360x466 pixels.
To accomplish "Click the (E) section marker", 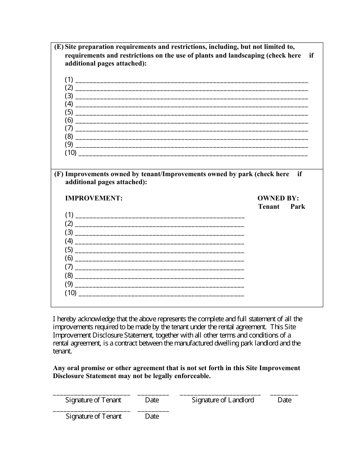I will [x=59, y=47].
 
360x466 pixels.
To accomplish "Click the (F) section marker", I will [x=59, y=174].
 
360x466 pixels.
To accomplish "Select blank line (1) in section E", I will [x=191, y=81].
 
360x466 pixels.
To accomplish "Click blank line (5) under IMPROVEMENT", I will [x=160, y=251].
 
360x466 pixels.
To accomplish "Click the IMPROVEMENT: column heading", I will [x=94, y=198].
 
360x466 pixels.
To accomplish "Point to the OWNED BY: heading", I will [x=278, y=198].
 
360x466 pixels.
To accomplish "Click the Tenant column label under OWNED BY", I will [x=269, y=206].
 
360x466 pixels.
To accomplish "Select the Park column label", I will [x=297, y=206].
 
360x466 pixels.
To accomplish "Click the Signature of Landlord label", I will [x=223, y=400].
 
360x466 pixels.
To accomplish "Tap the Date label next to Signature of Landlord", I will [x=284, y=400].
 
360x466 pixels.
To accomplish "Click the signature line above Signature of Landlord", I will [x=220, y=394].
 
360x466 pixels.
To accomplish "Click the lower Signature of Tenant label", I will [x=94, y=416].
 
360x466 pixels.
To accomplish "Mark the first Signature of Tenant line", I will [x=91, y=394].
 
